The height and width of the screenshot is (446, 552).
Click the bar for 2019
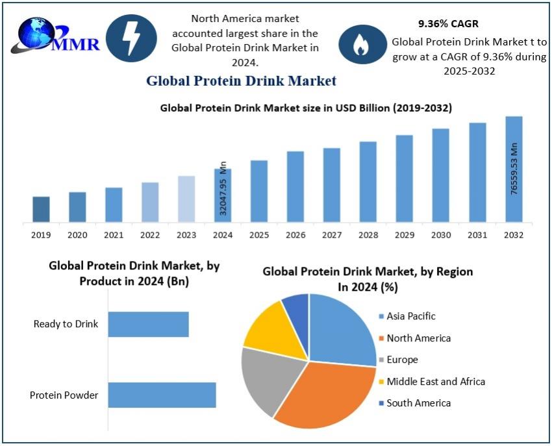coord(41,209)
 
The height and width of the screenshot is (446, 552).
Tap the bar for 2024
coord(223,195)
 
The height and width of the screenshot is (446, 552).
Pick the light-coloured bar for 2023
coord(186,199)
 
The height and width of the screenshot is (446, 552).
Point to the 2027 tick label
coord(332,234)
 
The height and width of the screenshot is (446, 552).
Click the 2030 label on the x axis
coord(441,234)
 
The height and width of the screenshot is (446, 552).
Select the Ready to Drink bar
coord(148,324)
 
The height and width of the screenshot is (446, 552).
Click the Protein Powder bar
coord(162,395)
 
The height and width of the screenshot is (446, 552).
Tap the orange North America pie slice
coord(325,396)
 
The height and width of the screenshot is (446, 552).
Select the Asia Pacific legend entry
coord(410,316)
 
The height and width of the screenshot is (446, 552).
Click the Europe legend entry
coord(402,360)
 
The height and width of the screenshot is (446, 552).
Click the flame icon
coord(360,45)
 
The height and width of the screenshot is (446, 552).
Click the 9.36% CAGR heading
coord(448,23)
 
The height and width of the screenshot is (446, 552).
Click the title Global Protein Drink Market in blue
coord(241,81)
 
